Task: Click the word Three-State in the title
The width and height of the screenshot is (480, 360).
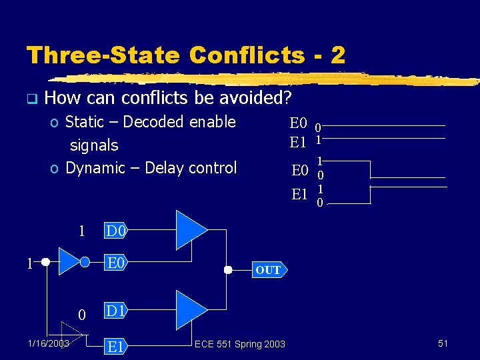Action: click(x=102, y=55)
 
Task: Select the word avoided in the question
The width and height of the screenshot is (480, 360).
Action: click(x=256, y=99)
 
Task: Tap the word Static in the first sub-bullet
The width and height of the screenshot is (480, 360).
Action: click(x=84, y=122)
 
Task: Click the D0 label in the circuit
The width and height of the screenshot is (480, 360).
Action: click(x=116, y=232)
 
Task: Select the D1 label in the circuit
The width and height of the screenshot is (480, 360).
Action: click(x=116, y=311)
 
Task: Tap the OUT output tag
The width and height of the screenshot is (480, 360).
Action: click(x=268, y=270)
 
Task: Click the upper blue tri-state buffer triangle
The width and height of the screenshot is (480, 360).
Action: click(x=190, y=229)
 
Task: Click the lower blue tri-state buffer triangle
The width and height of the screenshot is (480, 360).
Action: click(x=190, y=309)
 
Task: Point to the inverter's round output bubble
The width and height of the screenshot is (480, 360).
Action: click(x=85, y=262)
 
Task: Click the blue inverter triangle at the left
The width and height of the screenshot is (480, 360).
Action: click(x=69, y=262)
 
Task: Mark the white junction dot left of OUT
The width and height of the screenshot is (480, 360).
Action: click(x=227, y=270)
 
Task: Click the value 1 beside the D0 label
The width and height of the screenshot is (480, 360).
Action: click(x=81, y=232)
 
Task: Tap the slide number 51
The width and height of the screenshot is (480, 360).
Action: click(x=443, y=343)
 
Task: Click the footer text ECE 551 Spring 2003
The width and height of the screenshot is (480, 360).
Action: click(x=240, y=344)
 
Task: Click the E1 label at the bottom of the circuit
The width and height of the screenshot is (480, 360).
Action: click(x=116, y=346)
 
